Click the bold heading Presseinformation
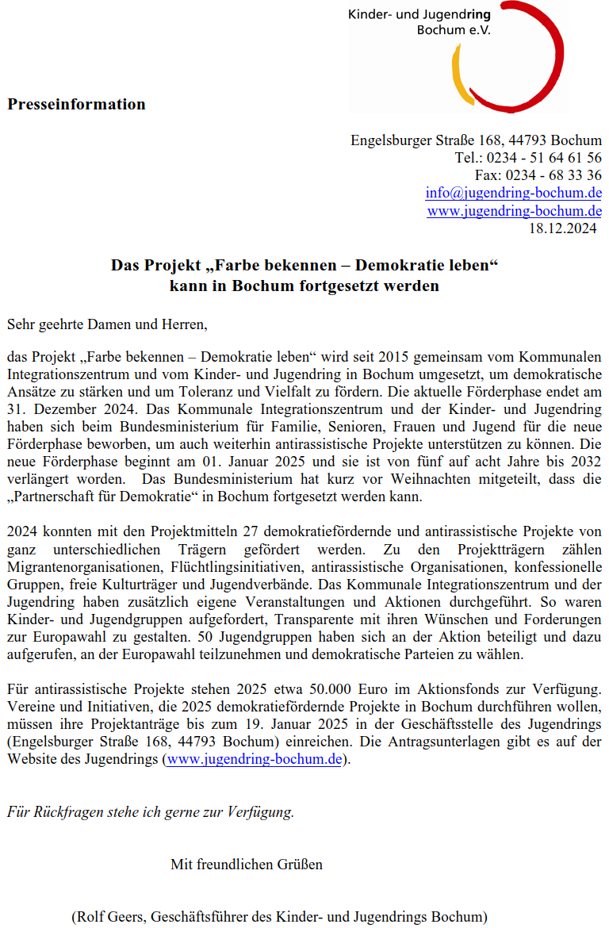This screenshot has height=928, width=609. (77, 104)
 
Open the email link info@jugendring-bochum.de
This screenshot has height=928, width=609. (513, 193)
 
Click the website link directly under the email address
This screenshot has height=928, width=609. (514, 211)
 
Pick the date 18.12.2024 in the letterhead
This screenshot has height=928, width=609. (562, 228)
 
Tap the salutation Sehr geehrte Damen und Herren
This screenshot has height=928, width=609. (107, 324)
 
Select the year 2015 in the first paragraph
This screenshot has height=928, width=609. (396, 355)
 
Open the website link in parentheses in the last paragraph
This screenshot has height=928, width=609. (254, 759)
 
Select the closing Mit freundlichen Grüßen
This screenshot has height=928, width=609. (247, 864)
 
